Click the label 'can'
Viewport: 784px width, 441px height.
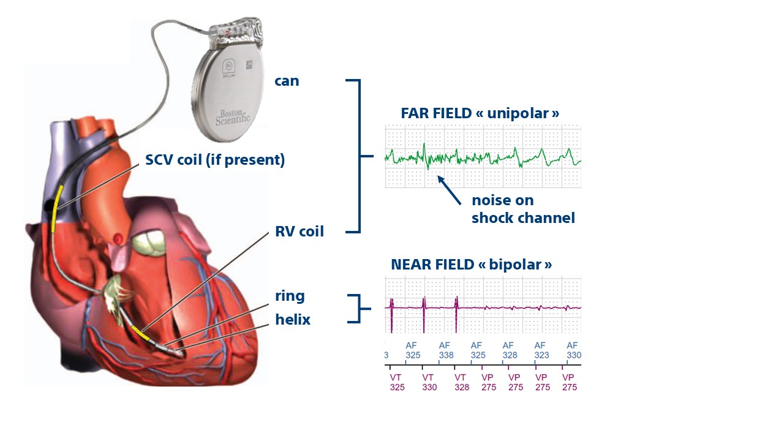pos(287,81)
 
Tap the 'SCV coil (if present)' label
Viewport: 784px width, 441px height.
pos(215,160)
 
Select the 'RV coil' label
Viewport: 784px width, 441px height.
pos(300,232)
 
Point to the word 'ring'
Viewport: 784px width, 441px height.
pos(290,296)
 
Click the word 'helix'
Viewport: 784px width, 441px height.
pos(293,320)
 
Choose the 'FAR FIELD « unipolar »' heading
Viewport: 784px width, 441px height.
pos(480,113)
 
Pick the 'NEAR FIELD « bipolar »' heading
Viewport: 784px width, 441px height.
pos(471,265)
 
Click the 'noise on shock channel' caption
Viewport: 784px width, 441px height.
pos(522,209)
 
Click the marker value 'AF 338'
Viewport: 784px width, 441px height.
pos(445,350)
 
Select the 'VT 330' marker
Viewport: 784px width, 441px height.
pos(429,382)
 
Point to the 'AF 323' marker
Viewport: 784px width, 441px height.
pos(541,350)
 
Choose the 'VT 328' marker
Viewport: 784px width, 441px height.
pos(461,382)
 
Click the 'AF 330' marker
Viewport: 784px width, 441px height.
pos(573,350)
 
